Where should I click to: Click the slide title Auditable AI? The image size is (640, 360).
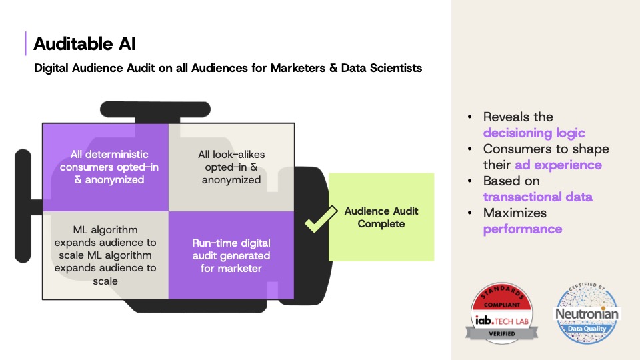tap(85, 44)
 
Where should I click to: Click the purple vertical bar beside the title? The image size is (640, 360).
tap(26, 43)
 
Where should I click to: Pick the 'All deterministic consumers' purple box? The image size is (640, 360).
tap(105, 167)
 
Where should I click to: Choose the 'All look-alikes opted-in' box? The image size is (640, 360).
tap(230, 167)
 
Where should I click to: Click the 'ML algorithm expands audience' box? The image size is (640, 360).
tap(105, 255)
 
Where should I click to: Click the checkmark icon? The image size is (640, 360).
tap(317, 222)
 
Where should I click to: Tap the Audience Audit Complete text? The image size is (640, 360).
tap(381, 217)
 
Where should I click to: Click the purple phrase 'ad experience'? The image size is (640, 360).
tap(558, 165)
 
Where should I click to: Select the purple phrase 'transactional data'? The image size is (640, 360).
tap(537, 197)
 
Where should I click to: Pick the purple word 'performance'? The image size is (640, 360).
tap(523, 229)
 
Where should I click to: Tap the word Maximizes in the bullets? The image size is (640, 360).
tap(515, 213)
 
